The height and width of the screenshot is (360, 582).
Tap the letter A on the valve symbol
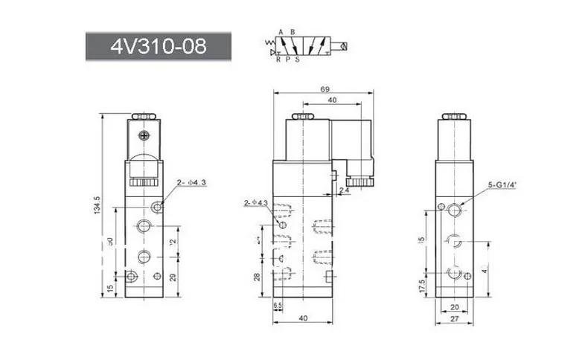(x=280, y=31)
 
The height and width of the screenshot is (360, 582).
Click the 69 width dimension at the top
(x=325, y=89)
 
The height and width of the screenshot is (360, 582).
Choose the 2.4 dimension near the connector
(x=343, y=191)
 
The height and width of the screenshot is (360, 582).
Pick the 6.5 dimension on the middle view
(x=278, y=305)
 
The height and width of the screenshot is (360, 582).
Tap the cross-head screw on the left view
(x=144, y=135)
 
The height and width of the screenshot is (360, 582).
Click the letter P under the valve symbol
(x=287, y=58)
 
